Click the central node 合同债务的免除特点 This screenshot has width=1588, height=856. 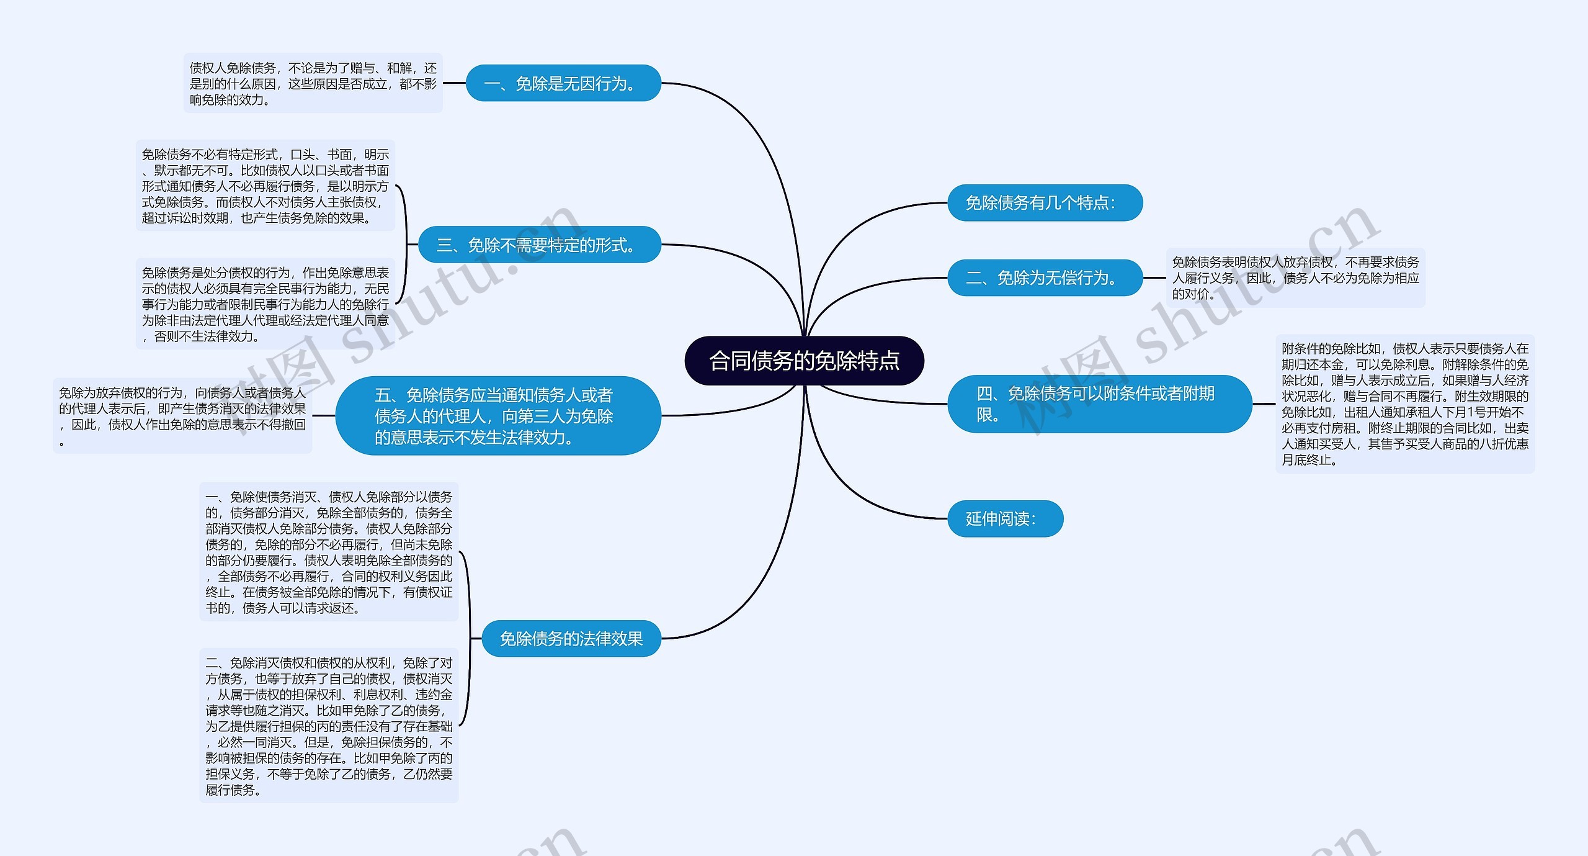[x=804, y=361]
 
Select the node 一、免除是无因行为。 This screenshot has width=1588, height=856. [x=563, y=83]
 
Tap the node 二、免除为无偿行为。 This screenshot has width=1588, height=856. [x=1045, y=277]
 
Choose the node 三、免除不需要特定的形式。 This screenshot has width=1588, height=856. [x=539, y=245]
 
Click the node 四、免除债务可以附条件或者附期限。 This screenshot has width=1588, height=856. [x=1099, y=403]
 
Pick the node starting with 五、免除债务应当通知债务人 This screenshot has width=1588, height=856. [x=497, y=415]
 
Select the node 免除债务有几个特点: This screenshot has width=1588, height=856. [x=1045, y=202]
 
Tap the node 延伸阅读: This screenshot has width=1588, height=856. [x=1005, y=518]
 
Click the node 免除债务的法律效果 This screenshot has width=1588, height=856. [x=571, y=638]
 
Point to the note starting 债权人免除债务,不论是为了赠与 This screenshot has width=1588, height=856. [x=313, y=83]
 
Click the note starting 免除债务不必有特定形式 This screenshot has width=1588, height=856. [x=265, y=186]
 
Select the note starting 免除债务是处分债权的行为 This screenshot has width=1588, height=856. [x=265, y=304]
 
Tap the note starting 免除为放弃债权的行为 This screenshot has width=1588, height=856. [x=182, y=416]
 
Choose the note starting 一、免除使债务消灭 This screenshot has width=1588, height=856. [x=329, y=552]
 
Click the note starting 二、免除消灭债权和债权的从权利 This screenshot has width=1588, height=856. [x=329, y=726]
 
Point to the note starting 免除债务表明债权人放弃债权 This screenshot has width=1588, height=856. [x=1295, y=277]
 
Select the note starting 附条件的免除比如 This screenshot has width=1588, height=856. [x=1404, y=403]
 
